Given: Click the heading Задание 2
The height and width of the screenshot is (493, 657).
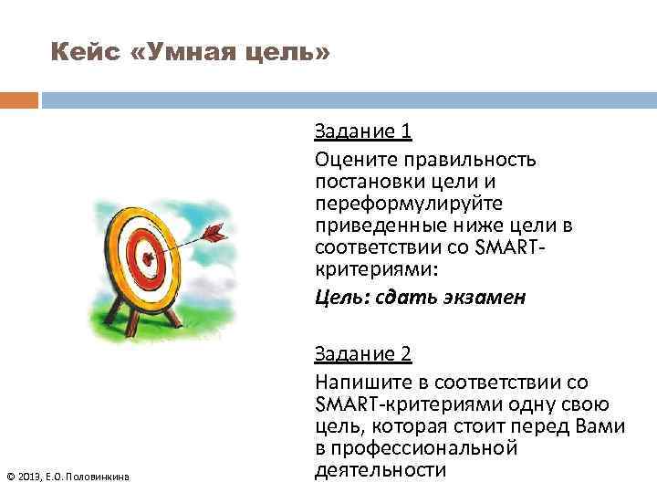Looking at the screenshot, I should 363,355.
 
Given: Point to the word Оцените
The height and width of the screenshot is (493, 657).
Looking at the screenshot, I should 352,160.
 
